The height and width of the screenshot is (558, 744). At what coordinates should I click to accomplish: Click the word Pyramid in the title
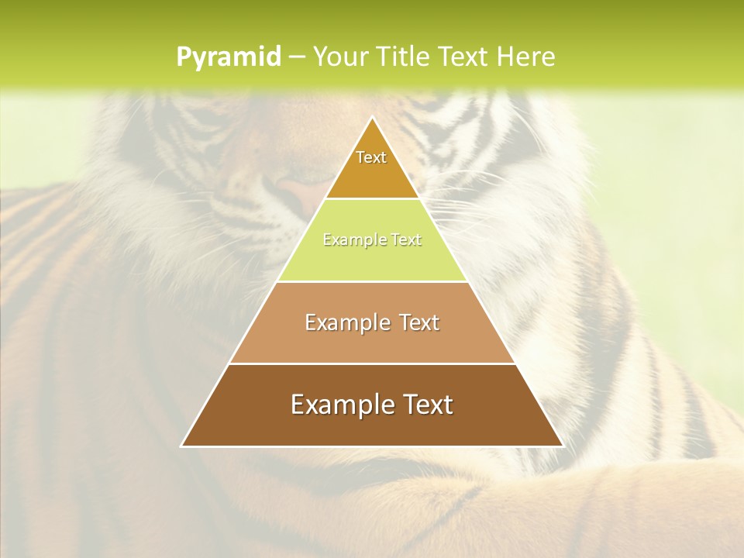(x=228, y=57)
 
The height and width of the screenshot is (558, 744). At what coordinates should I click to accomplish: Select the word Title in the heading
(x=403, y=57)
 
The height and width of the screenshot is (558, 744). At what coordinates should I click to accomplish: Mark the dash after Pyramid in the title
(x=297, y=57)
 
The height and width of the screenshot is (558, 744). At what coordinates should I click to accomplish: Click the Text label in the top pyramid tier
(x=371, y=157)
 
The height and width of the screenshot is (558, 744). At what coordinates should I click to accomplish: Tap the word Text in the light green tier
(x=404, y=240)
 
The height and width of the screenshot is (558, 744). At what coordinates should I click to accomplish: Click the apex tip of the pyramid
(x=372, y=118)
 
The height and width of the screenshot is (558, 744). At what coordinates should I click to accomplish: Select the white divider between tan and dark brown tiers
(x=372, y=363)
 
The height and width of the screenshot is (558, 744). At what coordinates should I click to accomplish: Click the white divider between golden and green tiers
(x=372, y=199)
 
